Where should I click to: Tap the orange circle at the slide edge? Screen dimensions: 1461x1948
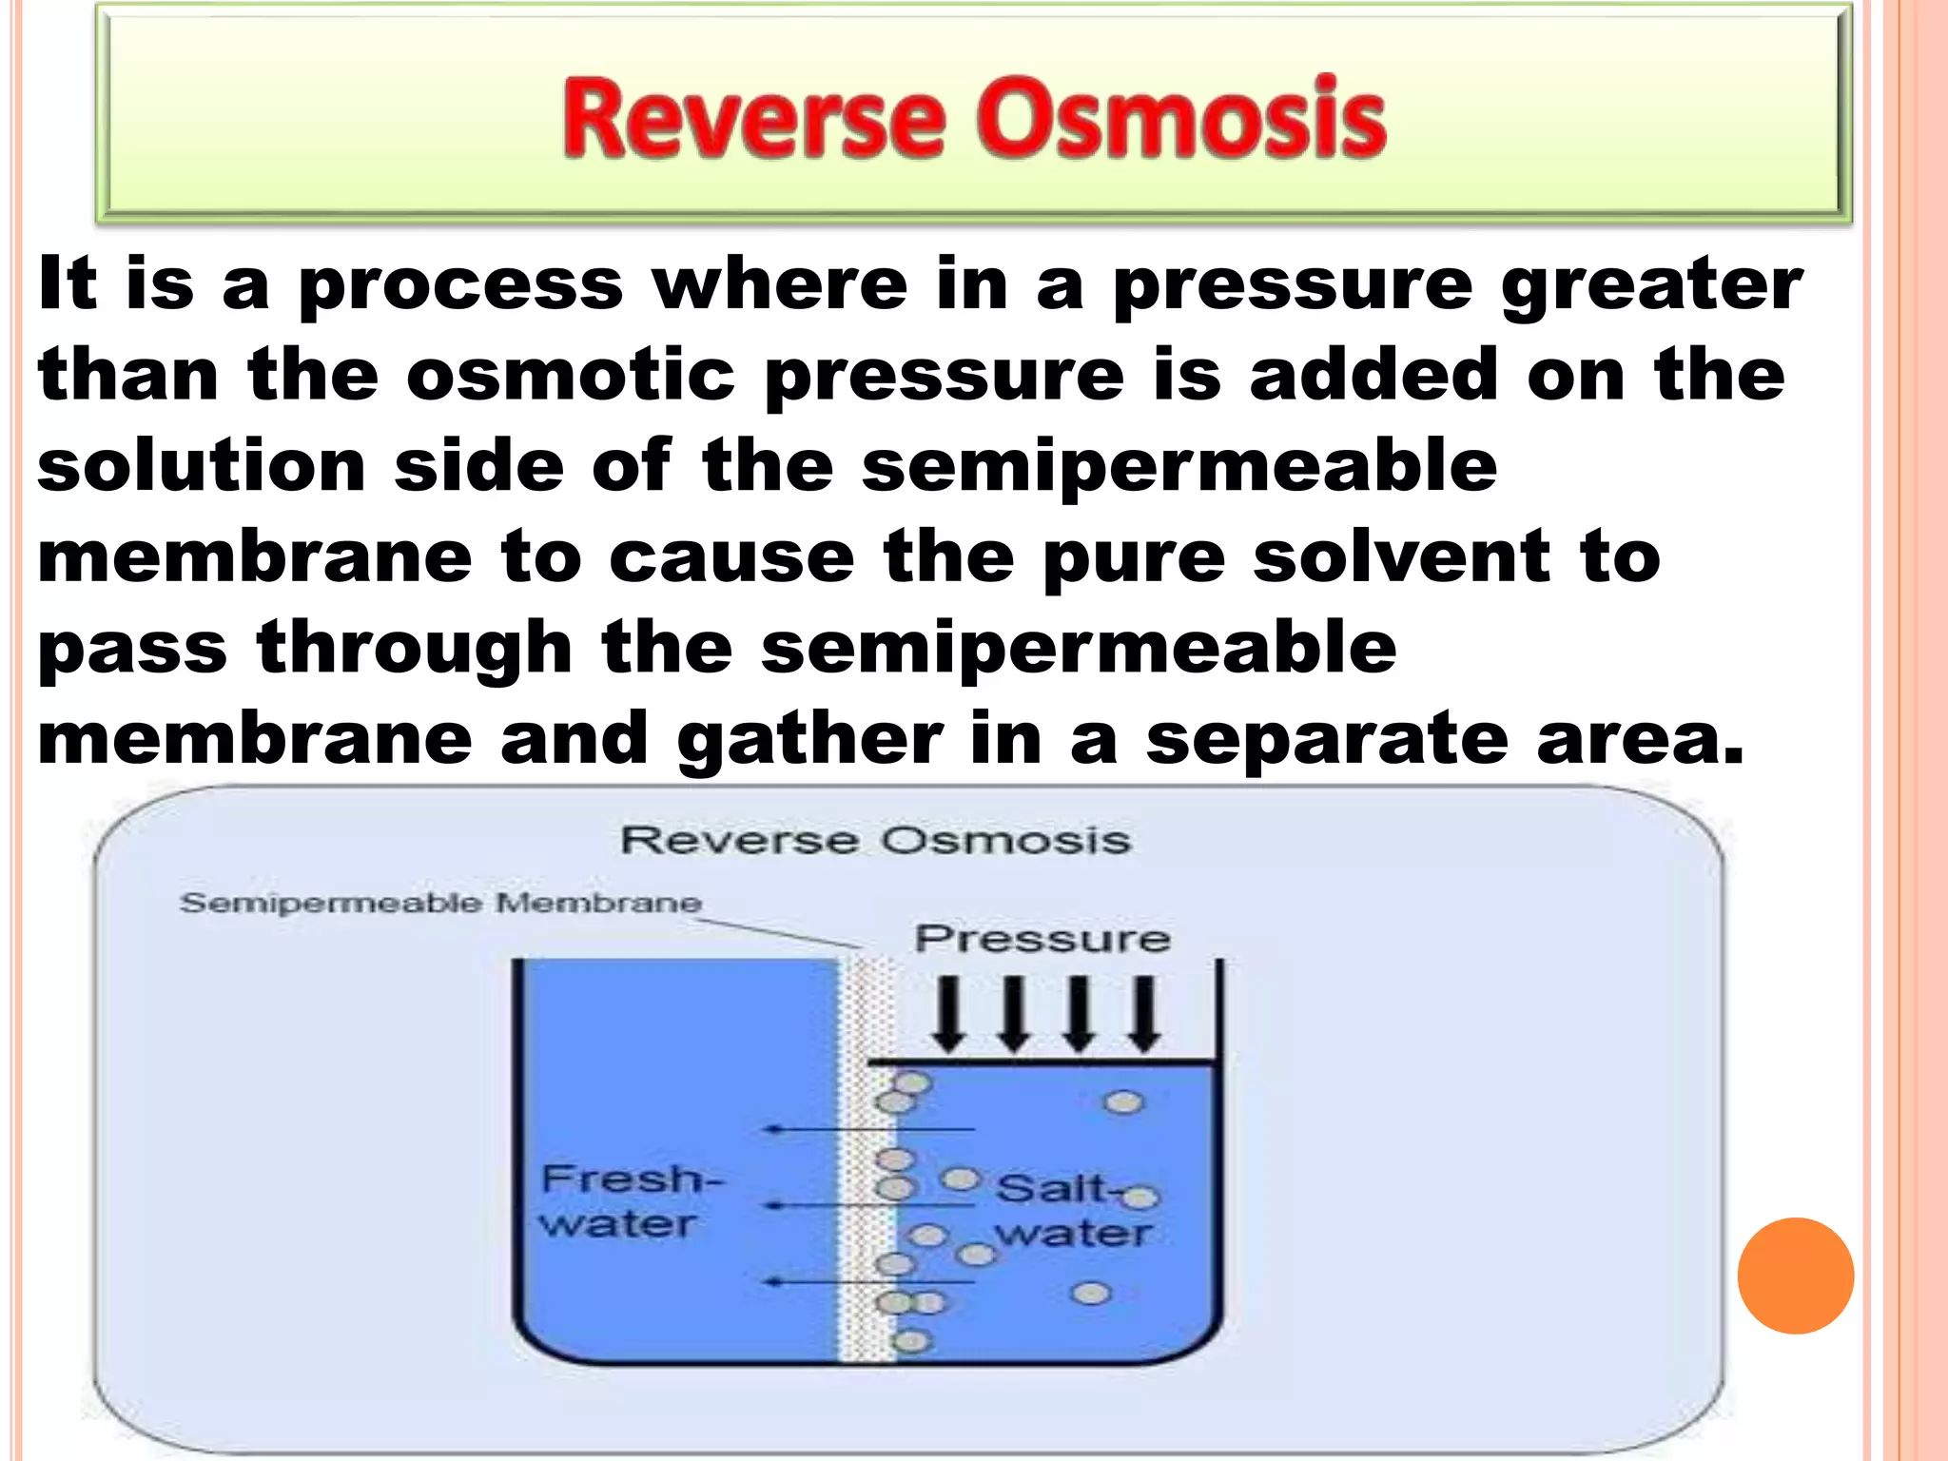pos(1795,1276)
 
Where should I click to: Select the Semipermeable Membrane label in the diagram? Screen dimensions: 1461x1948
pos(440,903)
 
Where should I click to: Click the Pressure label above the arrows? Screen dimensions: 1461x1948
pos(1042,939)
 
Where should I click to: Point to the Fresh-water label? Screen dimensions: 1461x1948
pos(628,1200)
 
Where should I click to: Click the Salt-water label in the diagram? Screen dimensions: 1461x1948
pos(1073,1210)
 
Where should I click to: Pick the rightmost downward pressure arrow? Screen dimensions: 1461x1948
pos(1146,1014)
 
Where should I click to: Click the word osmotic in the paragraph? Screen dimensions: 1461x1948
pos(571,375)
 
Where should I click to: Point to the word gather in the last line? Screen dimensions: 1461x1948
pos(809,740)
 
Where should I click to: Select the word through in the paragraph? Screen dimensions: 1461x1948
pos(415,649)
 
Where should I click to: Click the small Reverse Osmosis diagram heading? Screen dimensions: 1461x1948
pos(875,841)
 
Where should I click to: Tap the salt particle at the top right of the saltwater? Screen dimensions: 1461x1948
pos(1123,1102)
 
